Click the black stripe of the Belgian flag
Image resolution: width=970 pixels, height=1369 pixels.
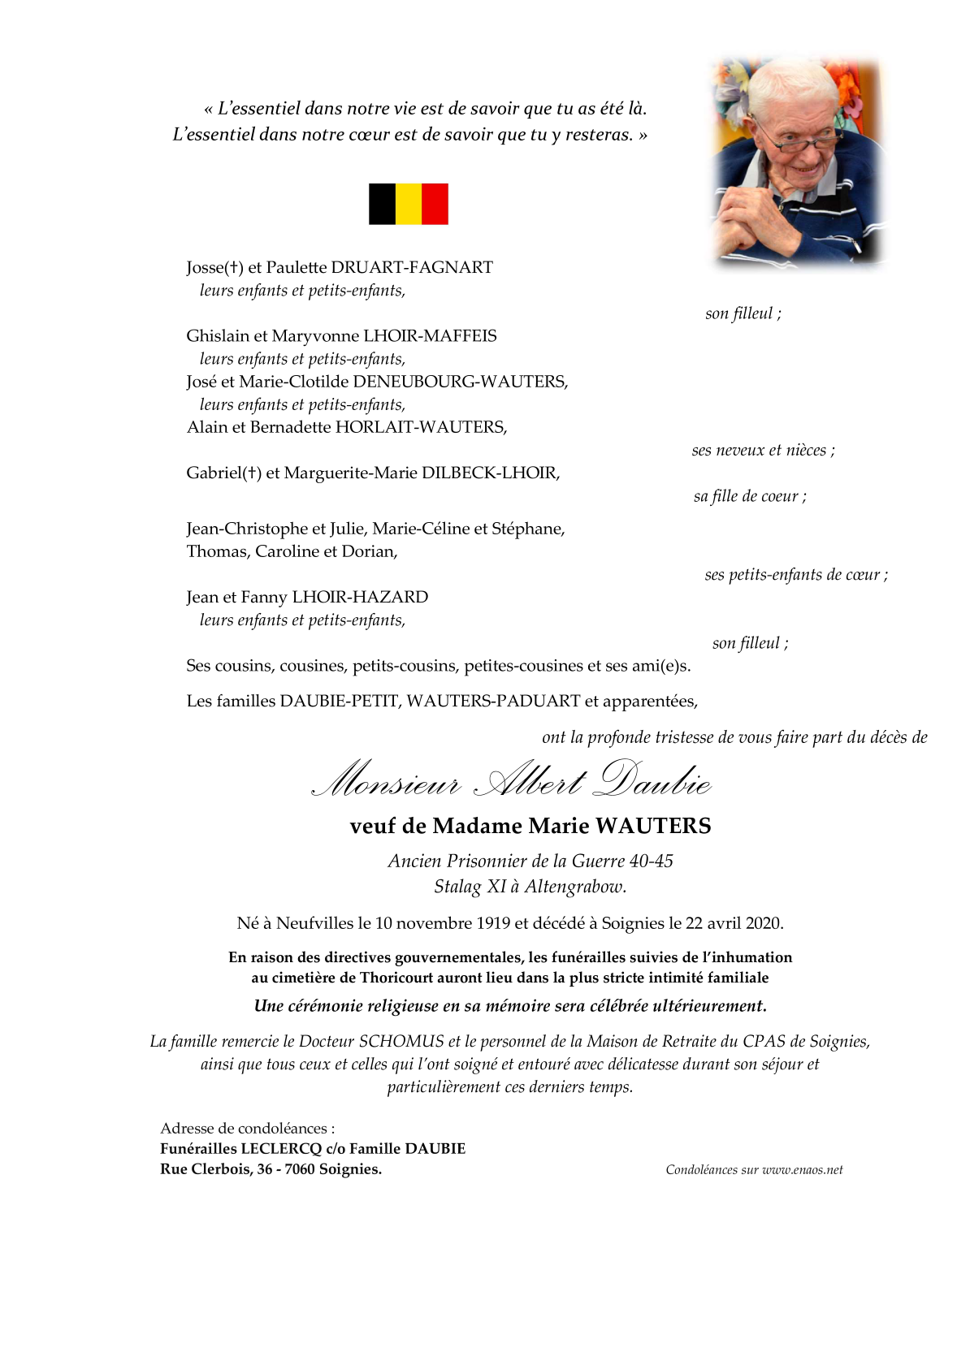pyautogui.click(x=382, y=204)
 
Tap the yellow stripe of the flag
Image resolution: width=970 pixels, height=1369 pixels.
pyautogui.click(x=409, y=204)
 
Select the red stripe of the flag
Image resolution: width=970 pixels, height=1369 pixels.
pyautogui.click(x=435, y=204)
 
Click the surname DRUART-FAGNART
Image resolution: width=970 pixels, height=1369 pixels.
pyautogui.click(x=412, y=267)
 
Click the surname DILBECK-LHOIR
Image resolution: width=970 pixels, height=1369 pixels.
pyautogui.click(x=491, y=473)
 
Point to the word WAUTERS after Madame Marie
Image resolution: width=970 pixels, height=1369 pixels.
pyautogui.click(x=653, y=826)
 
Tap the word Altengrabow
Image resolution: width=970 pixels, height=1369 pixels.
pyautogui.click(x=575, y=886)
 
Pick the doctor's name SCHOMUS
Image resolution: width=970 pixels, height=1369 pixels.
pyautogui.click(x=401, y=1041)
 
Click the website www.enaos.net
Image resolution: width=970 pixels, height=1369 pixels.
pyautogui.click(x=803, y=1170)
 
